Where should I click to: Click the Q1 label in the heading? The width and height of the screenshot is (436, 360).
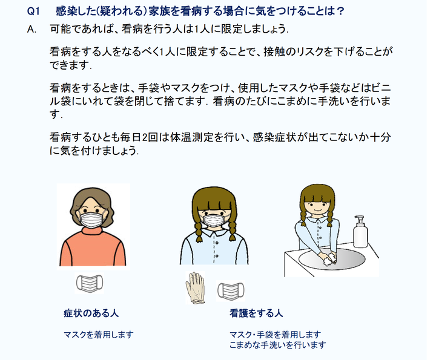coord(34,11)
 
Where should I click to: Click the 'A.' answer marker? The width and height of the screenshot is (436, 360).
coord(31,29)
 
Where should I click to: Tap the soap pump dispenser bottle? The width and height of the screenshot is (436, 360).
coord(360,232)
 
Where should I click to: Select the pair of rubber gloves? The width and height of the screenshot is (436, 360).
coord(195,288)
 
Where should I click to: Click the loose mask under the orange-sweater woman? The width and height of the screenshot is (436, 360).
coord(90,283)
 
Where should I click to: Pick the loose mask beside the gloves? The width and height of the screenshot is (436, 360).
coord(231,291)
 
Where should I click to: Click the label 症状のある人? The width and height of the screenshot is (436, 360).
coord(91,313)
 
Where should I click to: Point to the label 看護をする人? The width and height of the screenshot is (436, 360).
coord(256,313)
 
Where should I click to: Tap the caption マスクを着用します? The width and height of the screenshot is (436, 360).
coord(99,335)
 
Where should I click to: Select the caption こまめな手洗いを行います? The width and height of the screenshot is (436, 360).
coord(277,345)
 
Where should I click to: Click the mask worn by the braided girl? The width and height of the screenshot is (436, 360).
coord(214,220)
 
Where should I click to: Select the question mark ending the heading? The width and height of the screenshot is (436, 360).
coord(340,11)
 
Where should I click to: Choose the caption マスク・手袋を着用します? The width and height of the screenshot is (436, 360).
coord(276,335)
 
